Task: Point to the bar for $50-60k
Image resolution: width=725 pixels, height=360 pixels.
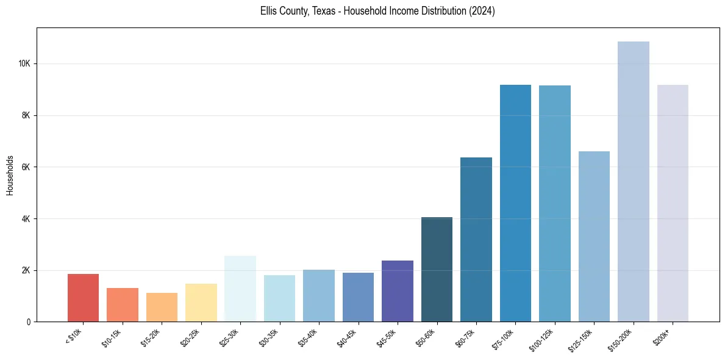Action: pos(437,269)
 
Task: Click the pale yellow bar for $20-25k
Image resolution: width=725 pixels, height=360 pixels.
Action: pos(201,303)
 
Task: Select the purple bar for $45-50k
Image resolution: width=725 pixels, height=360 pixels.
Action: pos(398,291)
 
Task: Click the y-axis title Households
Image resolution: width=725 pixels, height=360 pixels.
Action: pos(10,175)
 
